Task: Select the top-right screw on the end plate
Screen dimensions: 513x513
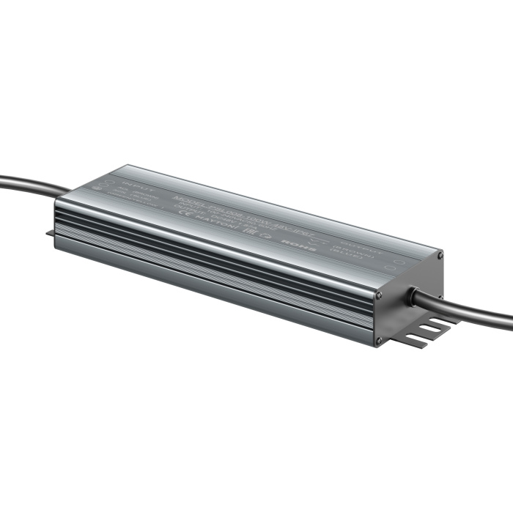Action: tap(440, 255)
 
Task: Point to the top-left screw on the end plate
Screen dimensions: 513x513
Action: tap(379, 295)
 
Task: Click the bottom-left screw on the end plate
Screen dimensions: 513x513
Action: tap(379, 341)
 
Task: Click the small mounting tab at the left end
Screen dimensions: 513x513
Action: tap(50, 233)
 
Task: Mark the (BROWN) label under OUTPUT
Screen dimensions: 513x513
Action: tap(348, 247)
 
